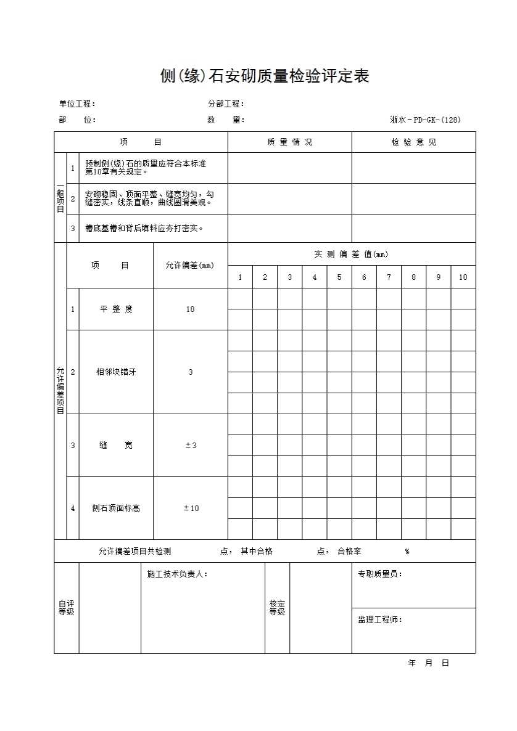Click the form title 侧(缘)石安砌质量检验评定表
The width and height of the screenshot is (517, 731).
tap(264, 76)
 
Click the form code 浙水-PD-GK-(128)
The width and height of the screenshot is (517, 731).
tap(425, 120)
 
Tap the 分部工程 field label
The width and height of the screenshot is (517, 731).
tap(226, 104)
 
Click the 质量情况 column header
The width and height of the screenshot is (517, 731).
tap(289, 142)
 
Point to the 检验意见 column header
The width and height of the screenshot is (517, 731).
tap(413, 142)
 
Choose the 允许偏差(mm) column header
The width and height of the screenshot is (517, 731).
tap(190, 266)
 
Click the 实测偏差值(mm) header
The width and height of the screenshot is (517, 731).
tap(351, 254)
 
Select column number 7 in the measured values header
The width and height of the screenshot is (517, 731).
tap(389, 277)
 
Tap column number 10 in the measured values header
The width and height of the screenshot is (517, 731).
tap(463, 277)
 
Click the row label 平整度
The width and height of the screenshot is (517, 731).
tap(116, 309)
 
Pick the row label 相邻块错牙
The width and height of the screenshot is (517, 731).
tap(116, 372)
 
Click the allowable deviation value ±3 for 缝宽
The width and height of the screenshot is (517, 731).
tap(191, 446)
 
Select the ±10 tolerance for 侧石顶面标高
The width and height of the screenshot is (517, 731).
tap(191, 508)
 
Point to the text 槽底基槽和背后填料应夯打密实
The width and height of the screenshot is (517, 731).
tap(145, 229)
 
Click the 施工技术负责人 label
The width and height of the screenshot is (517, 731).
tap(177, 574)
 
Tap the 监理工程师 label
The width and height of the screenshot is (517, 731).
tap(379, 619)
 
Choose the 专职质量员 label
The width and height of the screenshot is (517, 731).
tap(379, 574)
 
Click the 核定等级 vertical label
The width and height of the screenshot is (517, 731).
tap(277, 608)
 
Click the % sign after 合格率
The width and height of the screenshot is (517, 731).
tap(407, 552)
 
